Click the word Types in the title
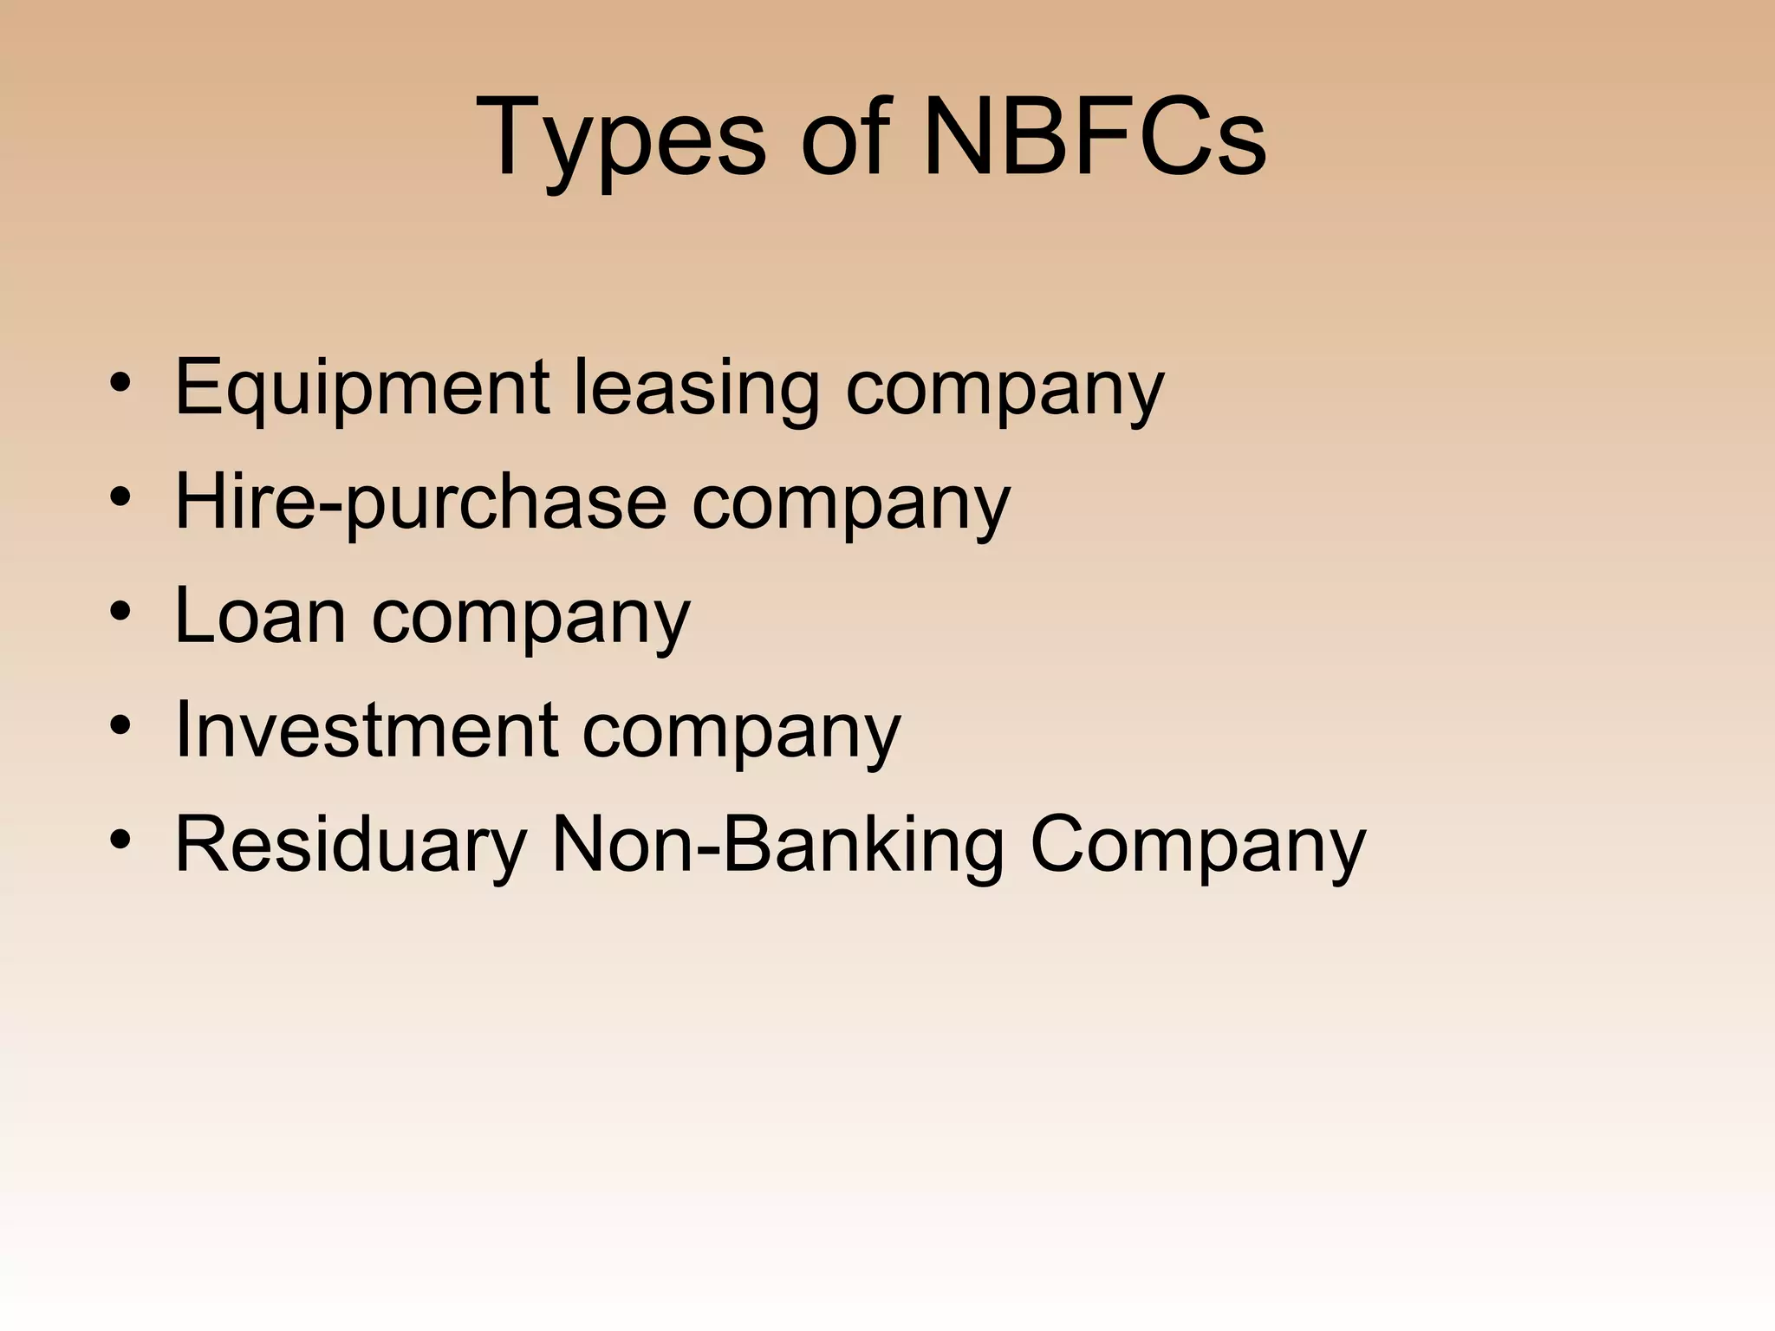click(x=621, y=139)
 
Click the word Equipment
click(x=361, y=388)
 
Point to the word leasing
click(x=696, y=388)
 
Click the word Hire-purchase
click(x=420, y=503)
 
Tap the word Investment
click(x=366, y=730)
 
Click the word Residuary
click(x=350, y=845)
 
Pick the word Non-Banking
click(x=777, y=845)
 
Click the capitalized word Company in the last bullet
click(x=1198, y=845)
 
